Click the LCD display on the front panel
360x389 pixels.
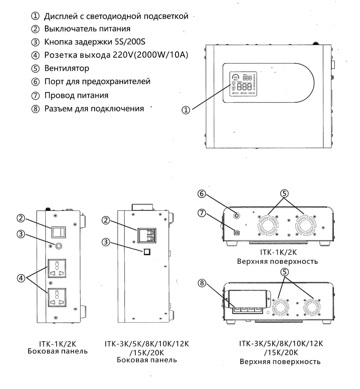pyautogui.click(x=243, y=84)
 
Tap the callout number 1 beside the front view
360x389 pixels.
pyautogui.click(x=186, y=110)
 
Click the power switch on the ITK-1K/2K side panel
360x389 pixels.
pyautogui.click(x=59, y=232)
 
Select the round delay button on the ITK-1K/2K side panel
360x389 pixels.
pyautogui.click(x=59, y=246)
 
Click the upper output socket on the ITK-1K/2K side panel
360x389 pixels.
pyautogui.click(x=57, y=269)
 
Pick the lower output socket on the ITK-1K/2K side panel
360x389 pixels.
pyautogui.click(x=57, y=297)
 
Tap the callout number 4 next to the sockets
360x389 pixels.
pyautogui.click(x=21, y=278)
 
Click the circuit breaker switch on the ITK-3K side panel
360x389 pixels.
pyautogui.click(x=146, y=235)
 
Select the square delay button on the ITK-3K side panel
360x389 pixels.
pyautogui.click(x=147, y=252)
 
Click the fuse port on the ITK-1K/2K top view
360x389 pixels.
pyautogui.click(x=237, y=216)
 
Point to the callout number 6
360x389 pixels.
pyautogui.click(x=202, y=193)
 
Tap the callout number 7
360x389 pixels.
pyautogui.click(x=202, y=213)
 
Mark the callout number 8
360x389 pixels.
pyautogui.click(x=202, y=283)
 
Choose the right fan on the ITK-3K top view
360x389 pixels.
pyautogui.click(x=312, y=307)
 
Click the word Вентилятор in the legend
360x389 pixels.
pyautogui.click(x=66, y=68)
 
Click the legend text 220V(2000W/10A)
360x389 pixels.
pyautogui.click(x=150, y=55)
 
